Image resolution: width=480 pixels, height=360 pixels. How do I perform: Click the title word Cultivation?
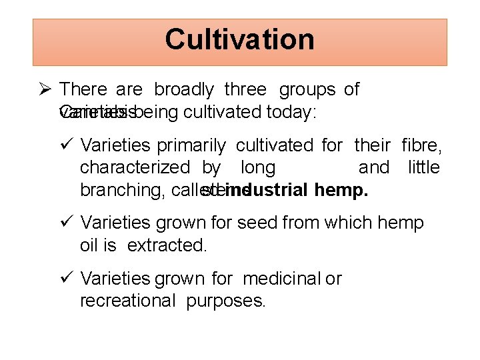(239, 40)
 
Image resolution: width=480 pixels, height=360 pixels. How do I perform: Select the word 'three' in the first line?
(245, 89)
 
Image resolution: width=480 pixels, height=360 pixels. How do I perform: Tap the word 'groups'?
(307, 89)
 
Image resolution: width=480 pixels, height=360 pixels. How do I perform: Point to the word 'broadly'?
(184, 89)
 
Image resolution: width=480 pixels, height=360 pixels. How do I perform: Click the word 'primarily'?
(193, 145)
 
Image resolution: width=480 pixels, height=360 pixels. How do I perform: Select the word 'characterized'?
(135, 167)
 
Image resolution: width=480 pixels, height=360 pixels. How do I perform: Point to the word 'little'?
(423, 167)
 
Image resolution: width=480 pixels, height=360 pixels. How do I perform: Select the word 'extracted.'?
(167, 245)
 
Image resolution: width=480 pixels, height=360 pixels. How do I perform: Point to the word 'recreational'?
(127, 301)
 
